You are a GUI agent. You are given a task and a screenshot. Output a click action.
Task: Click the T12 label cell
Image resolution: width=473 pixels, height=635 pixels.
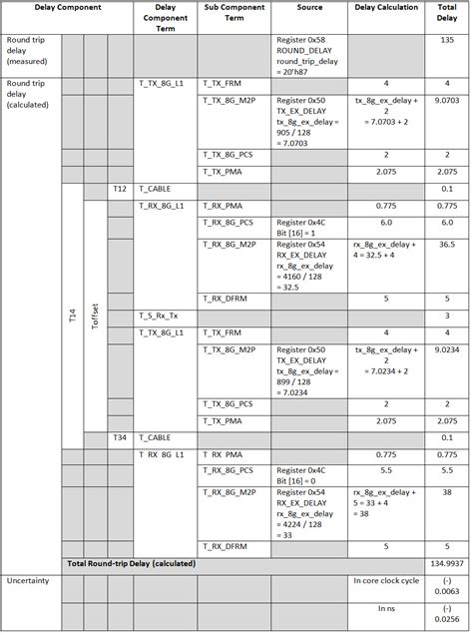120,188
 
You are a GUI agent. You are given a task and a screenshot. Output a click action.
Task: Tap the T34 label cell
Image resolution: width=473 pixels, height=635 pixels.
120,437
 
